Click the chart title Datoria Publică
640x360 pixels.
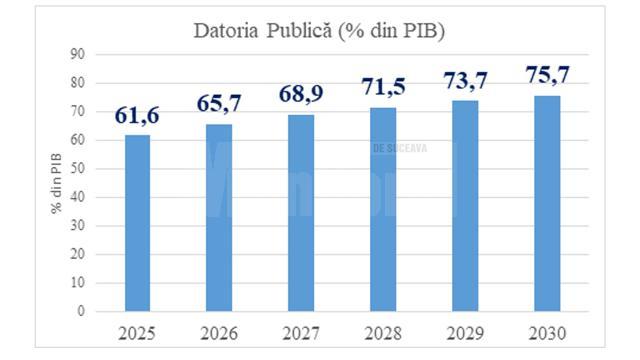pos(319,31)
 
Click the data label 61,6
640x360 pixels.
pos(137,116)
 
